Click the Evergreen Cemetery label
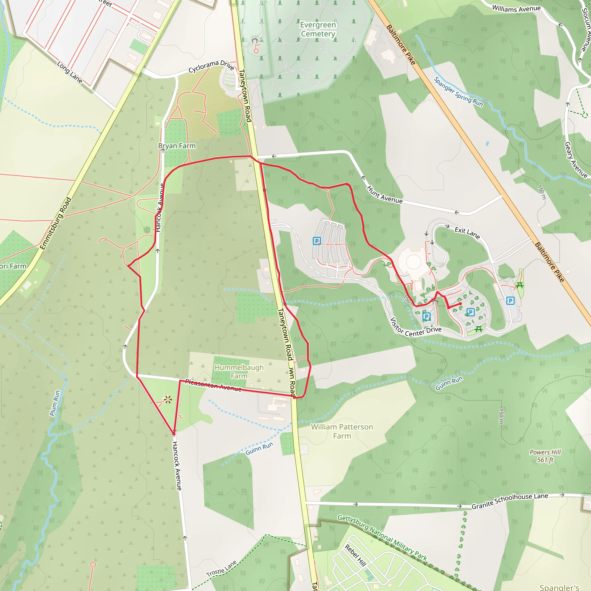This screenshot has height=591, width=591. click(318, 29)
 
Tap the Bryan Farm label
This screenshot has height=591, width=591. click(177, 146)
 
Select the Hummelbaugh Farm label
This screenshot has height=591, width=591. click(239, 371)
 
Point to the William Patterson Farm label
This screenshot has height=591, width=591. click(342, 431)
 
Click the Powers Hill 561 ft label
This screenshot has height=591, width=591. click(545, 456)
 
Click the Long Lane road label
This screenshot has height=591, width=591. click(70, 72)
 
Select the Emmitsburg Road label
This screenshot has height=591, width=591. click(56, 223)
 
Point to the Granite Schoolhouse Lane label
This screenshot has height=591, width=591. click(510, 501)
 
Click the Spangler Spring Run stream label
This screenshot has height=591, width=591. click(458, 92)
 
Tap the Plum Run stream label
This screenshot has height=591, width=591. click(55, 403)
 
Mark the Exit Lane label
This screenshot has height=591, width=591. click(467, 233)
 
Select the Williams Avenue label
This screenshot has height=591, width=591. click(516, 9)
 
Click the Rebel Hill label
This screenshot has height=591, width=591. click(356, 555)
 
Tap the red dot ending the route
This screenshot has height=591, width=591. click(460, 304)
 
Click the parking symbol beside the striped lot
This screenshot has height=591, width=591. click(317, 241)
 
